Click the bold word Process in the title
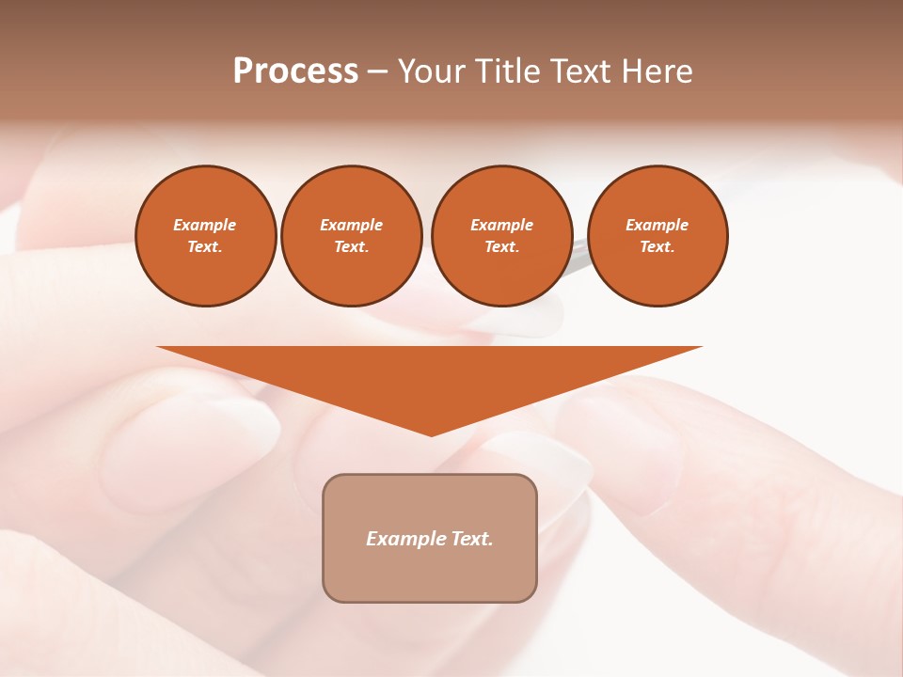pyautogui.click(x=295, y=71)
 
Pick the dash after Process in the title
pyautogui.click(x=378, y=72)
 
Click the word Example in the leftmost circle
pyautogui.click(x=205, y=225)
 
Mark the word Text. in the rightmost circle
pyautogui.click(x=657, y=246)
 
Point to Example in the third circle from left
pyautogui.click(x=501, y=225)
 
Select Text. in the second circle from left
pyautogui.click(x=351, y=246)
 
